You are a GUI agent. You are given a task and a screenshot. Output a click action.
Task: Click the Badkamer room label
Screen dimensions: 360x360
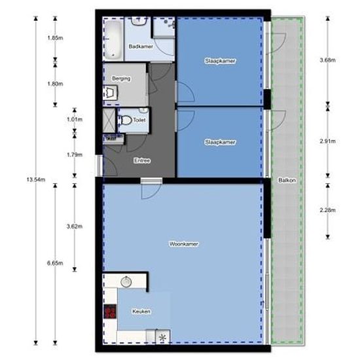click(141, 46)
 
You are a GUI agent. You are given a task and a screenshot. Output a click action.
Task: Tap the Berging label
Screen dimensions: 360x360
click(121, 79)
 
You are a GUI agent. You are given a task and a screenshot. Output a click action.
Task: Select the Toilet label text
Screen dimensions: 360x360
click(139, 120)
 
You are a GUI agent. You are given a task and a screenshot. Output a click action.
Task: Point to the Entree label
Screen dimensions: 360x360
click(142, 160)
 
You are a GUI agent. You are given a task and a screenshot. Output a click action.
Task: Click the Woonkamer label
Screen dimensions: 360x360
click(184, 244)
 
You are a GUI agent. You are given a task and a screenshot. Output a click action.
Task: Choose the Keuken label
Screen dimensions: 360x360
click(141, 312)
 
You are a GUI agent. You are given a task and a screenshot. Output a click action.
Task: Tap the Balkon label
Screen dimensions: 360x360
click(287, 180)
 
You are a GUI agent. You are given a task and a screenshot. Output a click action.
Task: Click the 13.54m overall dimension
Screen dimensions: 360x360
click(36, 179)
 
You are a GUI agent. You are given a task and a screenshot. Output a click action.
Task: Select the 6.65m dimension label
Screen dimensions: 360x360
click(55, 263)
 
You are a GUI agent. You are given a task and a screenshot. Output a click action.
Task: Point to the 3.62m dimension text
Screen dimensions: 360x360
click(75, 226)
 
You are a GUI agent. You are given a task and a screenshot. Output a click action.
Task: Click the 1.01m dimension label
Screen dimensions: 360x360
click(75, 119)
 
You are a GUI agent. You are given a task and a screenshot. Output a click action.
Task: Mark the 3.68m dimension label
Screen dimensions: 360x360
click(328, 60)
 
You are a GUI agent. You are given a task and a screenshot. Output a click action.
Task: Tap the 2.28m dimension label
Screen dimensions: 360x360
click(328, 210)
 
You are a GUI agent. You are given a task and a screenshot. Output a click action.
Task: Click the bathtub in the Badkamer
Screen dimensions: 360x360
click(113, 39)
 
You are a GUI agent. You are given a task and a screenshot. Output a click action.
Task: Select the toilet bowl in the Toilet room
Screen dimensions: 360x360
click(126, 120)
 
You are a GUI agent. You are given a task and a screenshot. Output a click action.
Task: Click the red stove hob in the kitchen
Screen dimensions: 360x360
click(110, 312)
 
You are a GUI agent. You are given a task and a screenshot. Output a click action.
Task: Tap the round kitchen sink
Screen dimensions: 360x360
click(126, 281)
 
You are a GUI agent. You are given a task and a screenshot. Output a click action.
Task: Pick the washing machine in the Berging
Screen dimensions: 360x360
click(110, 93)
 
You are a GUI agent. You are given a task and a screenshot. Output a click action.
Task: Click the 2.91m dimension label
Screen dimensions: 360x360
click(328, 141)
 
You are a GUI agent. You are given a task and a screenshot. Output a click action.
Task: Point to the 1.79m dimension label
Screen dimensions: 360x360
click(75, 154)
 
